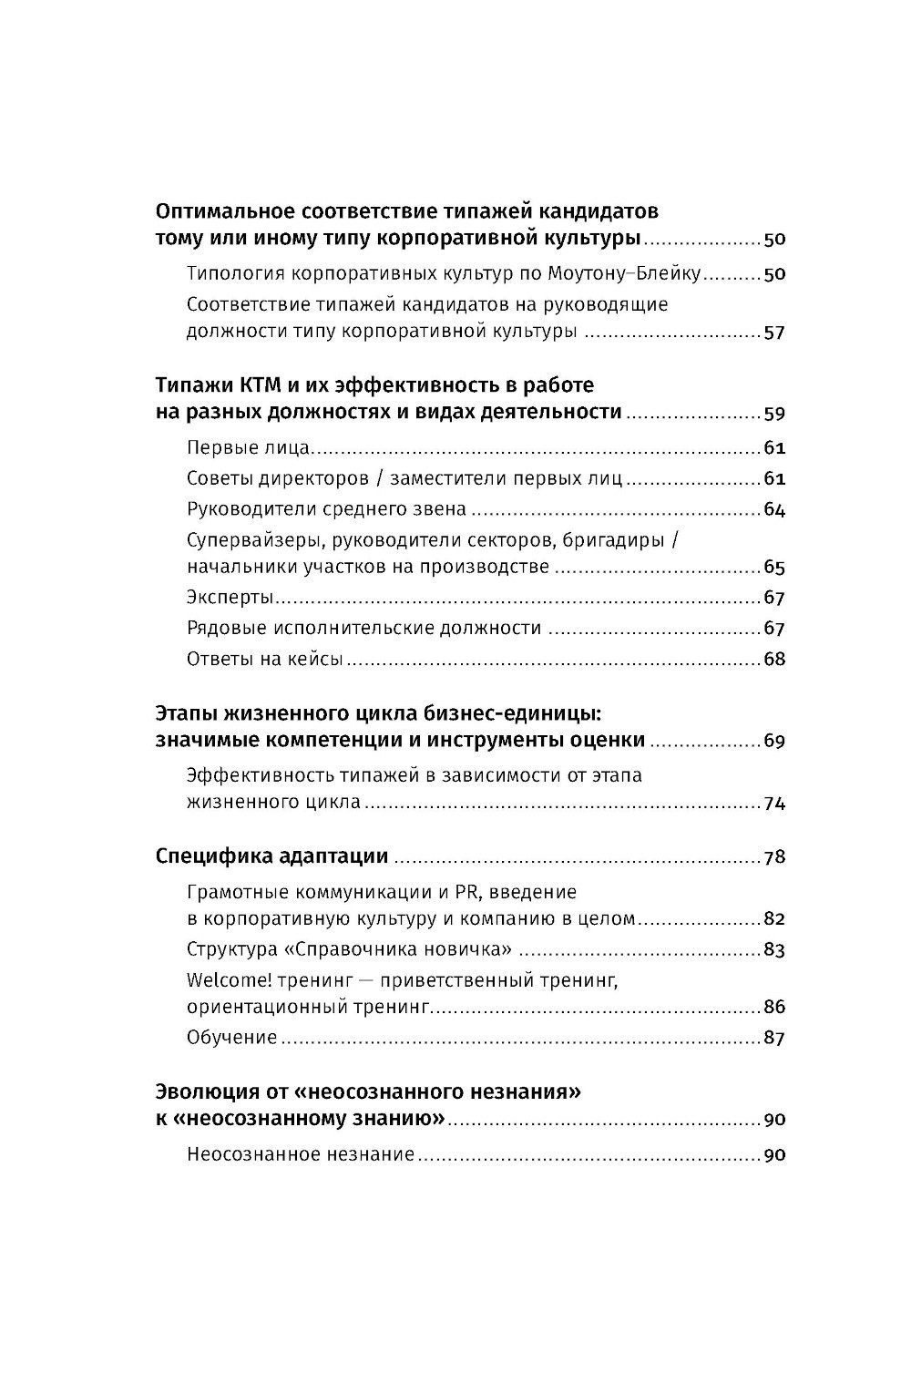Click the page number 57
click(773, 333)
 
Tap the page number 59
click(773, 414)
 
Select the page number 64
click(773, 509)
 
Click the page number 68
click(773, 660)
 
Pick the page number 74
click(773, 804)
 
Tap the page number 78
click(773, 858)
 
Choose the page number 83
click(773, 950)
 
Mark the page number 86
click(773, 1009)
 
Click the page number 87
click(773, 1039)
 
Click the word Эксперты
click(230, 599)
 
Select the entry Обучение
click(231, 1038)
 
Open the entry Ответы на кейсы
click(264, 659)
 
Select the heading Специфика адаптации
click(271, 856)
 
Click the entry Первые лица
click(248, 448)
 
